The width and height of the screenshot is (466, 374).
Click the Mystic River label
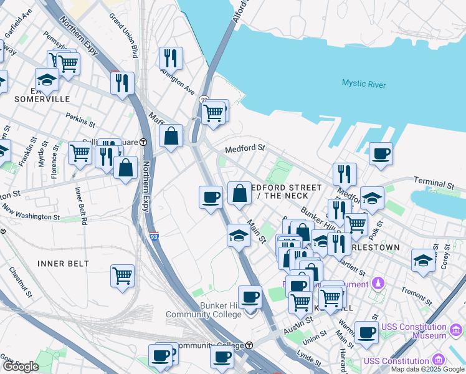(363, 84)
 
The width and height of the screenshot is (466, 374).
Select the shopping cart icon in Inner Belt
(123, 275)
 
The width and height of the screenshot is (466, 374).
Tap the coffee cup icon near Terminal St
(381, 153)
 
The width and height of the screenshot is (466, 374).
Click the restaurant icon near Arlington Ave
(170, 58)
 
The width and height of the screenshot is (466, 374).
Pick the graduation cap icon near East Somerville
(47, 79)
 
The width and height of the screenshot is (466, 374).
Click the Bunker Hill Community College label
(203, 310)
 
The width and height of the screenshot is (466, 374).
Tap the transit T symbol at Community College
(249, 345)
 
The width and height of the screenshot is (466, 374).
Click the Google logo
(21, 367)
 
